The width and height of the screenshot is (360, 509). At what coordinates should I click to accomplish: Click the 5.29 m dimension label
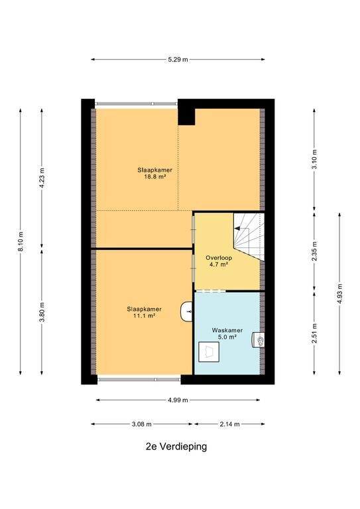pos(178,60)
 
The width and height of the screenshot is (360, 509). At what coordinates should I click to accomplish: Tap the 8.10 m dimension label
pos(21,241)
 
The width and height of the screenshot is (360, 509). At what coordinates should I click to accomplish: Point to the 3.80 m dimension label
pos(42,312)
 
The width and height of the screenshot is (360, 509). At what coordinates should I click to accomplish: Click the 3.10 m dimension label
pos(314,160)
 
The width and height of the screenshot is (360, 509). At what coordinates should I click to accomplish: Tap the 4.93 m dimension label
pos(340,294)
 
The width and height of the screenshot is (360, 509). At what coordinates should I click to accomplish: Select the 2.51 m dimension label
pos(314,333)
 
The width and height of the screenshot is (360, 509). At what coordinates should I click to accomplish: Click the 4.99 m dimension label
pos(178,400)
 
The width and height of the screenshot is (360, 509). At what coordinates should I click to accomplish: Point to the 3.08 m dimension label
pos(142,424)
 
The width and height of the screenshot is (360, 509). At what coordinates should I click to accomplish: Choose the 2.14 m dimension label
pos(230,424)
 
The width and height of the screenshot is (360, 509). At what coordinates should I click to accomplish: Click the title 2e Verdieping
pos(176,447)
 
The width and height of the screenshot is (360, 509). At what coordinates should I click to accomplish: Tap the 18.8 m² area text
pos(155,177)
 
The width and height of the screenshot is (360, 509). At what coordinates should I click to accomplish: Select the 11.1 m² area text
pos(144,315)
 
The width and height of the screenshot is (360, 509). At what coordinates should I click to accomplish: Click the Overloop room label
pos(219,258)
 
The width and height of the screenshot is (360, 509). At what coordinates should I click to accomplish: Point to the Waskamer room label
pos(227,331)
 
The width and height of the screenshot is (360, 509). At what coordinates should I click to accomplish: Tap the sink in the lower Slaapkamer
pos(186,312)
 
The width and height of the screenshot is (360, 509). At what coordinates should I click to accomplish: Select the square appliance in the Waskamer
pos(209,351)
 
